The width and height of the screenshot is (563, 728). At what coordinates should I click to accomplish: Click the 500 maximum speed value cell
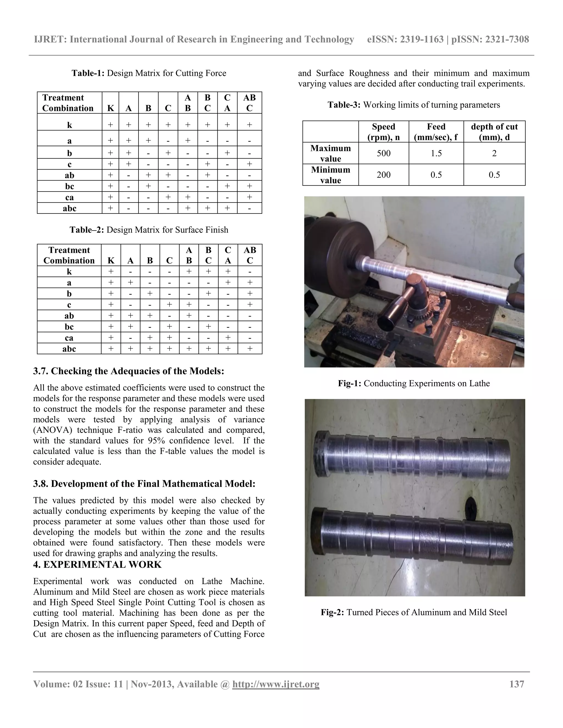pyautogui.click(x=383, y=153)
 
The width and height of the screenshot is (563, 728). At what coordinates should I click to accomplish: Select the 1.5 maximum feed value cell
pyautogui.click(x=436, y=153)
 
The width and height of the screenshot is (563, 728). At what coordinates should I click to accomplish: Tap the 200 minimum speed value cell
pyautogui.click(x=383, y=175)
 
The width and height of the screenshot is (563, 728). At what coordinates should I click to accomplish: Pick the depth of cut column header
pyautogui.click(x=494, y=132)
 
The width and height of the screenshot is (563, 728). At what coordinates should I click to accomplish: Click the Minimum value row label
pyautogui.click(x=330, y=175)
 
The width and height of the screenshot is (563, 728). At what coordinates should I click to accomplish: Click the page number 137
pyautogui.click(x=517, y=684)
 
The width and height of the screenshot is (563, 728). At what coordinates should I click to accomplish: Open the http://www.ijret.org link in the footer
pyautogui.click(x=275, y=684)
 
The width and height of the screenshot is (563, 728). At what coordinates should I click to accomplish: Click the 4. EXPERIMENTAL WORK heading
pyautogui.click(x=97, y=565)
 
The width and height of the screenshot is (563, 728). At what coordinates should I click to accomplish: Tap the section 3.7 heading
pyautogui.click(x=128, y=371)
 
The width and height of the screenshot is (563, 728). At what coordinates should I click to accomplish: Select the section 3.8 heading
pyautogui.click(x=144, y=484)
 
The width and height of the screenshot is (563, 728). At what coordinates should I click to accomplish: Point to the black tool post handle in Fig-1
pyautogui.click(x=397, y=310)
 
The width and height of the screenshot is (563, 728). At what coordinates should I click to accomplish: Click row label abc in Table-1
pyautogui.click(x=69, y=208)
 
